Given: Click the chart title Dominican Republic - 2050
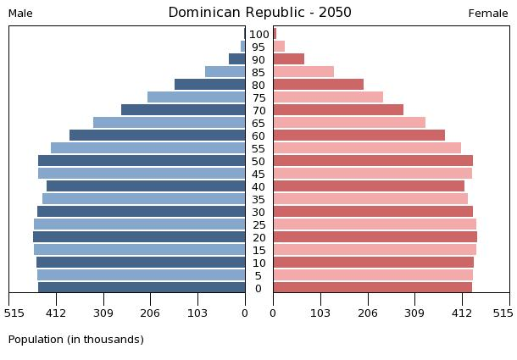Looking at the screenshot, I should (259, 13).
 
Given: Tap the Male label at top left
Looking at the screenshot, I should (20, 14).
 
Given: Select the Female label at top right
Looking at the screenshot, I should (488, 14).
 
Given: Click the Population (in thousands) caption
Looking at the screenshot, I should (76, 340).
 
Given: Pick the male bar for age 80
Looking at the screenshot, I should (209, 85).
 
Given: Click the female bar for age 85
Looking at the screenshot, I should (303, 72).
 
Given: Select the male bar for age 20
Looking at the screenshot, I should (139, 237).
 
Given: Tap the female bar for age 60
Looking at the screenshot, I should (359, 136).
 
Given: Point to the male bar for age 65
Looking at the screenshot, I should (169, 123).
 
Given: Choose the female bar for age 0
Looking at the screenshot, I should (372, 288).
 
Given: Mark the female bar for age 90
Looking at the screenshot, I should (288, 59).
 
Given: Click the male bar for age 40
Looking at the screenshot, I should (146, 186).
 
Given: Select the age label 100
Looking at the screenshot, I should (259, 35).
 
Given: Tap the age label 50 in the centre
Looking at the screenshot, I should (259, 162).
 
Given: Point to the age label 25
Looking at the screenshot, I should (259, 225).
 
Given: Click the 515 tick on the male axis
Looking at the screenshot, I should (14, 313).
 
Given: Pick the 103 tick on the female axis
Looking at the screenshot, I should (320, 313).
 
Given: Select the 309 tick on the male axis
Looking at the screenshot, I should (103, 313).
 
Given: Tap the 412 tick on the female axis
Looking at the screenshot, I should (462, 313).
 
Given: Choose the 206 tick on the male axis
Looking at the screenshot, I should (151, 313).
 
